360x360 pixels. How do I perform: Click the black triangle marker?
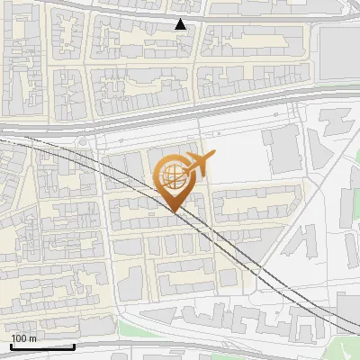click(182, 24)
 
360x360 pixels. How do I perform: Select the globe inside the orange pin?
click(171, 175)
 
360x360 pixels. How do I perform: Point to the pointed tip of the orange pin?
click(175, 212)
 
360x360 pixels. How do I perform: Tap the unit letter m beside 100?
click(34, 338)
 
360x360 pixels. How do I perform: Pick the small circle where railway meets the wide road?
click(83, 142)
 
